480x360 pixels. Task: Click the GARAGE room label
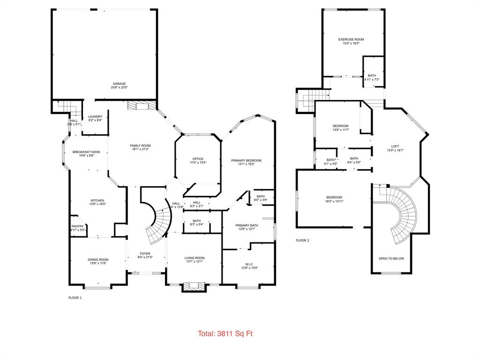pyautogui.click(x=119, y=83)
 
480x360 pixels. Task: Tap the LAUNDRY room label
pyautogui.click(x=95, y=117)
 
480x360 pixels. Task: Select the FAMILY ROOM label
pyautogui.click(x=140, y=146)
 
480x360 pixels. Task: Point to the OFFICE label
pyautogui.click(x=197, y=159)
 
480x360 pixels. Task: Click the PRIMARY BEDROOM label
pyautogui.click(x=246, y=160)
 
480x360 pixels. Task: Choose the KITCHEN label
pyautogui.click(x=97, y=200)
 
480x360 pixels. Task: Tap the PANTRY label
pyautogui.click(x=77, y=226)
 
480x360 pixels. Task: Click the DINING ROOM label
pyautogui.click(x=98, y=259)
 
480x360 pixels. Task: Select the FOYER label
pyautogui.click(x=145, y=254)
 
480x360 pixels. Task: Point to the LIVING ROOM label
pyautogui.click(x=194, y=257)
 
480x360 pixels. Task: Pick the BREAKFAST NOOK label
pyautogui.click(x=86, y=152)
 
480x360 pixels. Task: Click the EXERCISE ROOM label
pyautogui.click(x=351, y=39)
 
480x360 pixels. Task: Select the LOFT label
pyautogui.click(x=395, y=146)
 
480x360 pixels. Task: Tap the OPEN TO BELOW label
pyautogui.click(x=391, y=258)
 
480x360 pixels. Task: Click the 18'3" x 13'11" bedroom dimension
pyautogui.click(x=334, y=201)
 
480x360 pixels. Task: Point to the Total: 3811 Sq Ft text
pyautogui.click(x=225, y=334)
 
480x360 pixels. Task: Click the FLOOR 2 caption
pyautogui.click(x=302, y=240)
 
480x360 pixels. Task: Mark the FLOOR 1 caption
pyautogui.click(x=75, y=298)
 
